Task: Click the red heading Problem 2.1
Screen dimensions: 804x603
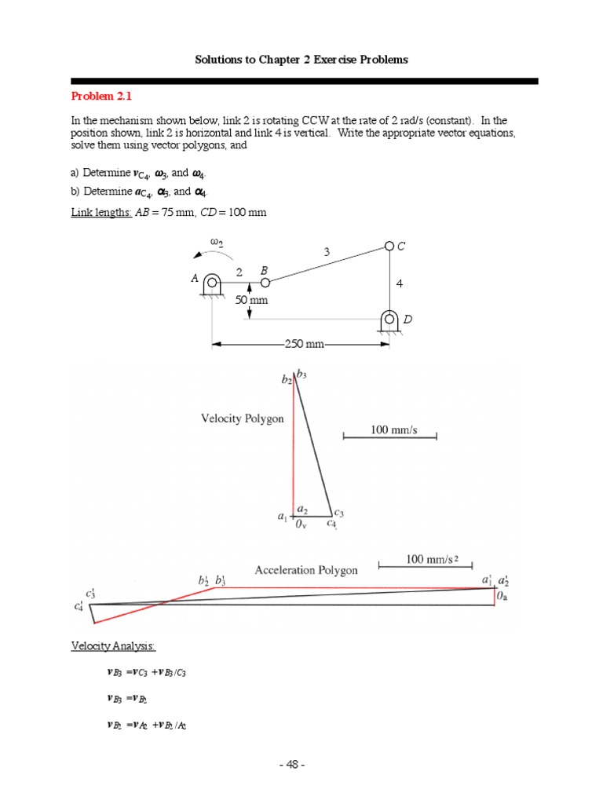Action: coord(102,97)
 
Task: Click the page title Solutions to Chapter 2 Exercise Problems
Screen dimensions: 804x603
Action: coord(301,60)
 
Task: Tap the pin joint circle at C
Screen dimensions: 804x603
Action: coord(389,247)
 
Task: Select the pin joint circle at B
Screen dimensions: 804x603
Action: coord(265,282)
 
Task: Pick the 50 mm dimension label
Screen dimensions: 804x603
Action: coord(252,301)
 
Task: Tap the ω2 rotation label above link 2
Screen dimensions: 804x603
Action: coord(217,243)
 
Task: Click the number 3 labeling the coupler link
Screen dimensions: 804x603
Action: coord(326,252)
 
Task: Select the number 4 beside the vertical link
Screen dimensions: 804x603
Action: coord(400,283)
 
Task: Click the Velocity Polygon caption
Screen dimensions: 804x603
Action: coord(243,418)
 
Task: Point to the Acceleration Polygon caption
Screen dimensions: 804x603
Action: coord(306,570)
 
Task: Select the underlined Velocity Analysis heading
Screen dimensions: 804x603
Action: coord(113,645)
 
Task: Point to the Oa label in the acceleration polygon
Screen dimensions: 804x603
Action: coord(503,598)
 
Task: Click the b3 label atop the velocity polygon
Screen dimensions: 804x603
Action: coord(301,375)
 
